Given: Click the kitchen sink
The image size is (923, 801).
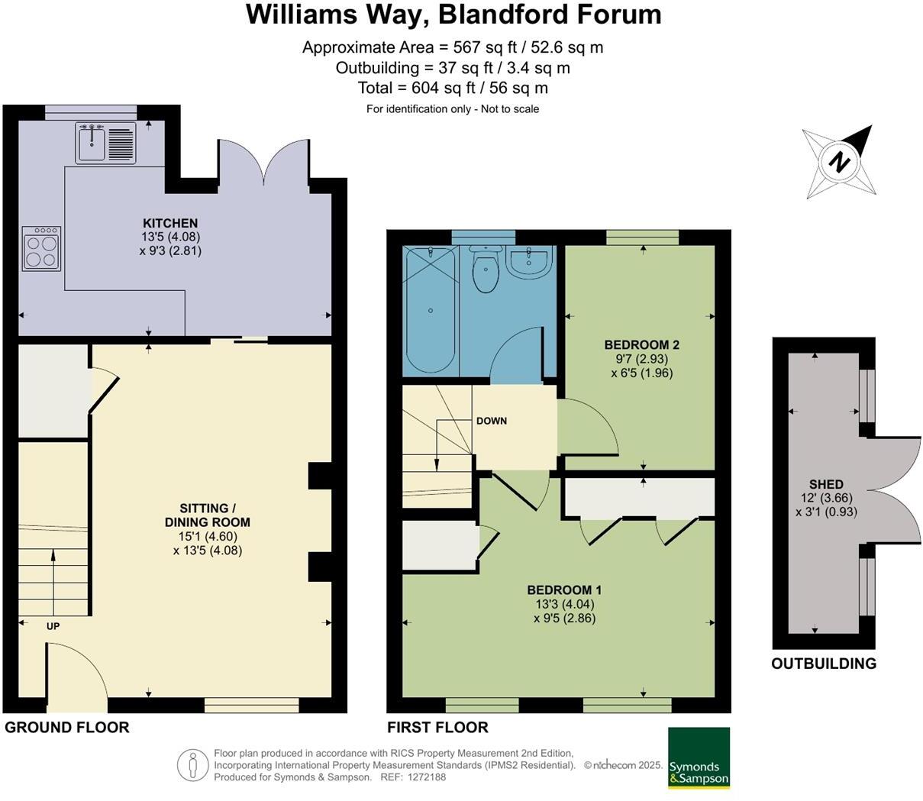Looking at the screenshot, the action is [x=106, y=143].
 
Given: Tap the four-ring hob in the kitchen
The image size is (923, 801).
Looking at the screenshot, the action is [x=41, y=249].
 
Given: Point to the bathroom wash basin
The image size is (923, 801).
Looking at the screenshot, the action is [x=528, y=260].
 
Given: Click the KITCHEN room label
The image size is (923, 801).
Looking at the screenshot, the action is [x=170, y=223].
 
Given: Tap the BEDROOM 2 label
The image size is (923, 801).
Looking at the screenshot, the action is [x=642, y=345].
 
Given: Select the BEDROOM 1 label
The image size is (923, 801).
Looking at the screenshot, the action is [x=564, y=589].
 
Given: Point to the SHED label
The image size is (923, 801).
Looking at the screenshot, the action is [x=826, y=484].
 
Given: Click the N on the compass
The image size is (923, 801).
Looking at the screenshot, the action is [x=840, y=162].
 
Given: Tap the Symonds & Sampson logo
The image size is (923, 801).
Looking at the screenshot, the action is [x=699, y=764].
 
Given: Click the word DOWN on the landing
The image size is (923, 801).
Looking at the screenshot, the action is [x=492, y=421].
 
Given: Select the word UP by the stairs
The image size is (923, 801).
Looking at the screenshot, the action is [x=53, y=626].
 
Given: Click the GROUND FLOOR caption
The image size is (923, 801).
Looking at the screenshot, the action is [x=67, y=727].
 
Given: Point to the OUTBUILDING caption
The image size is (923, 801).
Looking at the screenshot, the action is [x=824, y=664].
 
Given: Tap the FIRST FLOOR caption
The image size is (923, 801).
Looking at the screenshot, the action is [x=437, y=727].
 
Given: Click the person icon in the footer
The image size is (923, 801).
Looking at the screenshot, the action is [x=192, y=765].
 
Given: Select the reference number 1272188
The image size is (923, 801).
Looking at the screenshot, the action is [x=426, y=777].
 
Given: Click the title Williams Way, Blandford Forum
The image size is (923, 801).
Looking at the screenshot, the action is [x=453, y=15].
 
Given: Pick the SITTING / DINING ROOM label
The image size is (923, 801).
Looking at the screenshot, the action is [x=208, y=515].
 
